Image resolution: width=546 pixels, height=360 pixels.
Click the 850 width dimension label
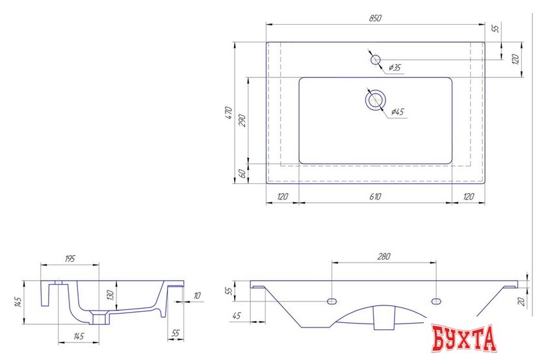(x=375, y=18)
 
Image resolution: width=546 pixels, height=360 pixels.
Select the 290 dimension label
(x=242, y=120)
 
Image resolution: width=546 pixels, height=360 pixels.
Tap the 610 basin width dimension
(x=375, y=197)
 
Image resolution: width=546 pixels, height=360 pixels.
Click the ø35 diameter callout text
(x=394, y=68)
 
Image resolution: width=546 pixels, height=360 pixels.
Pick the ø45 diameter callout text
(x=397, y=112)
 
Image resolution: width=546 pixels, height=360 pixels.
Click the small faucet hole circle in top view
(x=376, y=60)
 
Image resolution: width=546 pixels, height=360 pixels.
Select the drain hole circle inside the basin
(x=376, y=100)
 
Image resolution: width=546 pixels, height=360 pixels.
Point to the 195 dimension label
(x=70, y=259)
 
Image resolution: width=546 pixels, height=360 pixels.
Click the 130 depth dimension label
(x=110, y=295)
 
